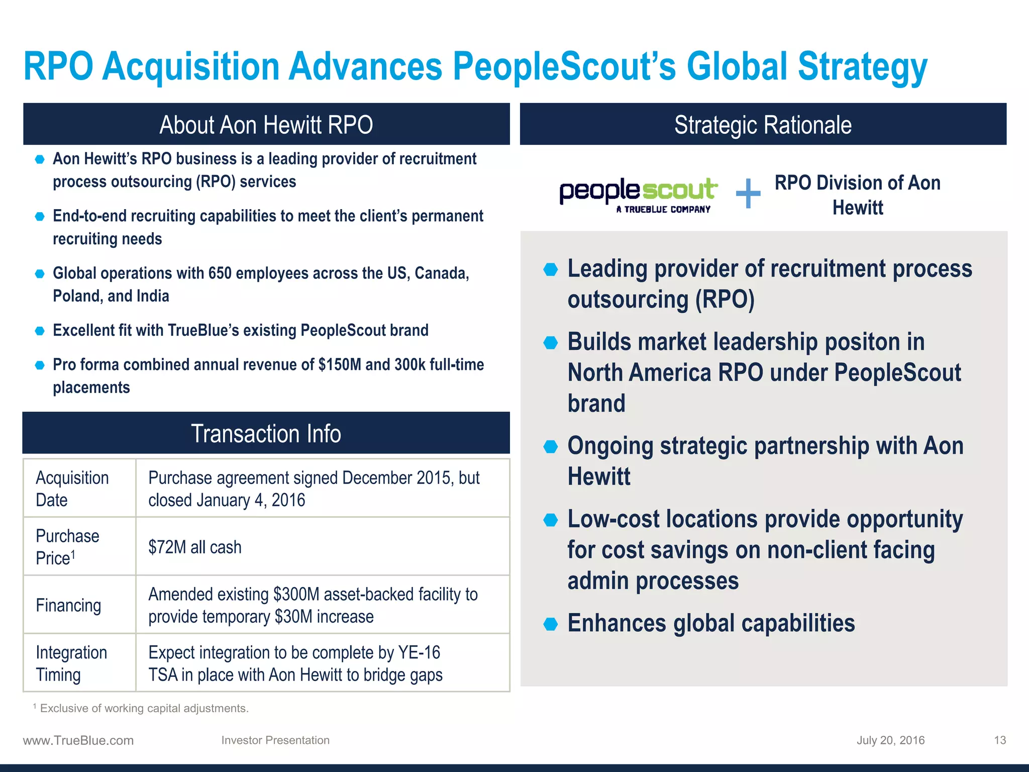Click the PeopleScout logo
tap(638, 195)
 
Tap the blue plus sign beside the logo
tap(748, 194)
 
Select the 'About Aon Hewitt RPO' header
tap(266, 125)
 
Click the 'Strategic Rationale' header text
tap(763, 125)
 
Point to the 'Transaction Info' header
tap(266, 433)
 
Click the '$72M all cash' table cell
tap(195, 547)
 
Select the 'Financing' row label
tap(68, 605)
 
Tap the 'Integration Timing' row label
tap(71, 663)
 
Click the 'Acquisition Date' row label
tap(72, 489)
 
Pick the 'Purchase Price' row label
tap(67, 547)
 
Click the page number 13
tap(1000, 740)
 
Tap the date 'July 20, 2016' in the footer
tap(890, 740)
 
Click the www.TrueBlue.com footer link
tap(78, 740)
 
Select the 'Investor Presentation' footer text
tap(275, 740)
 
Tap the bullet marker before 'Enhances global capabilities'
tap(551, 624)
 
